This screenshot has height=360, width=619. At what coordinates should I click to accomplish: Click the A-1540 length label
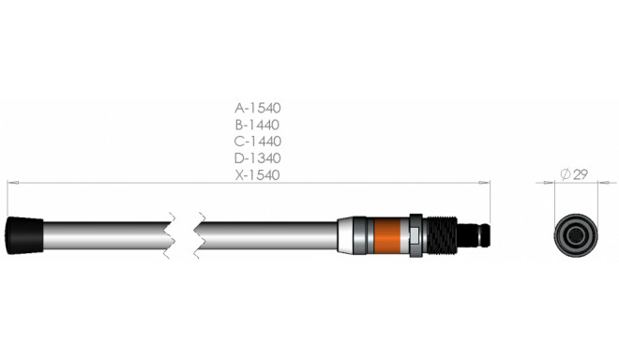tap(258, 107)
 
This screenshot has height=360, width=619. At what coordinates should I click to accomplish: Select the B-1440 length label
tap(258, 124)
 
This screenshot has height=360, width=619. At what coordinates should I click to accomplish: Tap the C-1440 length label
tap(258, 141)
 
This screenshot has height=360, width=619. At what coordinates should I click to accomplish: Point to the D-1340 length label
tap(258, 157)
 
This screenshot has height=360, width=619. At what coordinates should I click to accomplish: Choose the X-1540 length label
tap(258, 175)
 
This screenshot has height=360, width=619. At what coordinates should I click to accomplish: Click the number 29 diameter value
tap(580, 175)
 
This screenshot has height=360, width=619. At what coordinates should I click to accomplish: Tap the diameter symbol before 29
tap(566, 175)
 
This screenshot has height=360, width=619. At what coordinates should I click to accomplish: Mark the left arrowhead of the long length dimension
tap(10, 184)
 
